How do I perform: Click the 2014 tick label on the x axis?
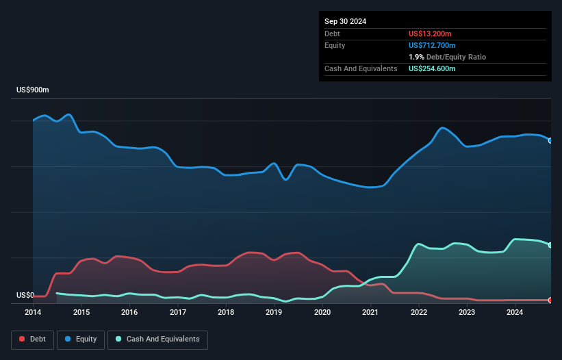click(x=33, y=313)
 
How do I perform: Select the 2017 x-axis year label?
click(x=178, y=313)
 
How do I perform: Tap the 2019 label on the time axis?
click(x=274, y=313)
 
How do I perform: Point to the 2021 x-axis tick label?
click(x=370, y=313)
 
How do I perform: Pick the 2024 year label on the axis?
click(x=515, y=313)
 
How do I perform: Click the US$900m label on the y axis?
click(x=33, y=90)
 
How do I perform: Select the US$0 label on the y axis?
click(x=25, y=296)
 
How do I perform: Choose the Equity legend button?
click(x=80, y=339)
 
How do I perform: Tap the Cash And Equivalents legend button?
click(x=157, y=339)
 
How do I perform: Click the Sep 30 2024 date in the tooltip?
click(x=346, y=21)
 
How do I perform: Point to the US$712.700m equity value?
click(x=431, y=45)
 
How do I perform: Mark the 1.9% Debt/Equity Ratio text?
click(x=447, y=57)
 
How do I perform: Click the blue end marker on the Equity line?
click(x=550, y=140)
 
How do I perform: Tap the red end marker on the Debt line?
click(x=550, y=300)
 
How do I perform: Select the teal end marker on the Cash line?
click(x=550, y=245)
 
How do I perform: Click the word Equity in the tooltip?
click(x=335, y=45)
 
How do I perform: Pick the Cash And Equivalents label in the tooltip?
click(x=361, y=68)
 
